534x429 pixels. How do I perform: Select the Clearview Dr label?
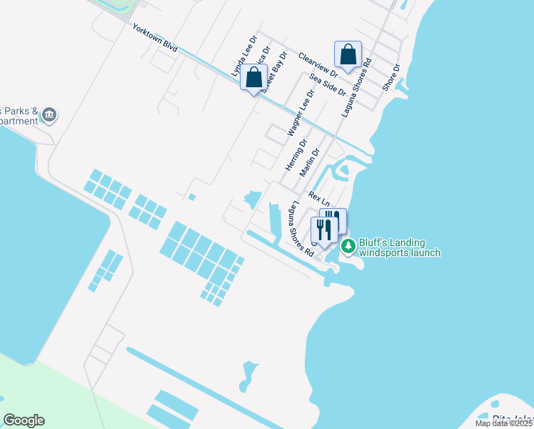[318, 64]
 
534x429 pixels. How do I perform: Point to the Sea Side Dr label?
[328, 84]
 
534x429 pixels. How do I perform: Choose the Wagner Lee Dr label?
[300, 113]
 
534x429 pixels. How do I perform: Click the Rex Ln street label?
[318, 194]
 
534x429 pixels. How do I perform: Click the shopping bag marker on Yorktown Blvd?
[253, 77]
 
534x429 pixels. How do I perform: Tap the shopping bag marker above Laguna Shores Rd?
[348, 54]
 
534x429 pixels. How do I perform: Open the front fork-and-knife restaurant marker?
[324, 230]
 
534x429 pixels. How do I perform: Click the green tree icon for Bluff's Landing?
[348, 247]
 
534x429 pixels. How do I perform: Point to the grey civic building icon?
[49, 114]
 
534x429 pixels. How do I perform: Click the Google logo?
[24, 420]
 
